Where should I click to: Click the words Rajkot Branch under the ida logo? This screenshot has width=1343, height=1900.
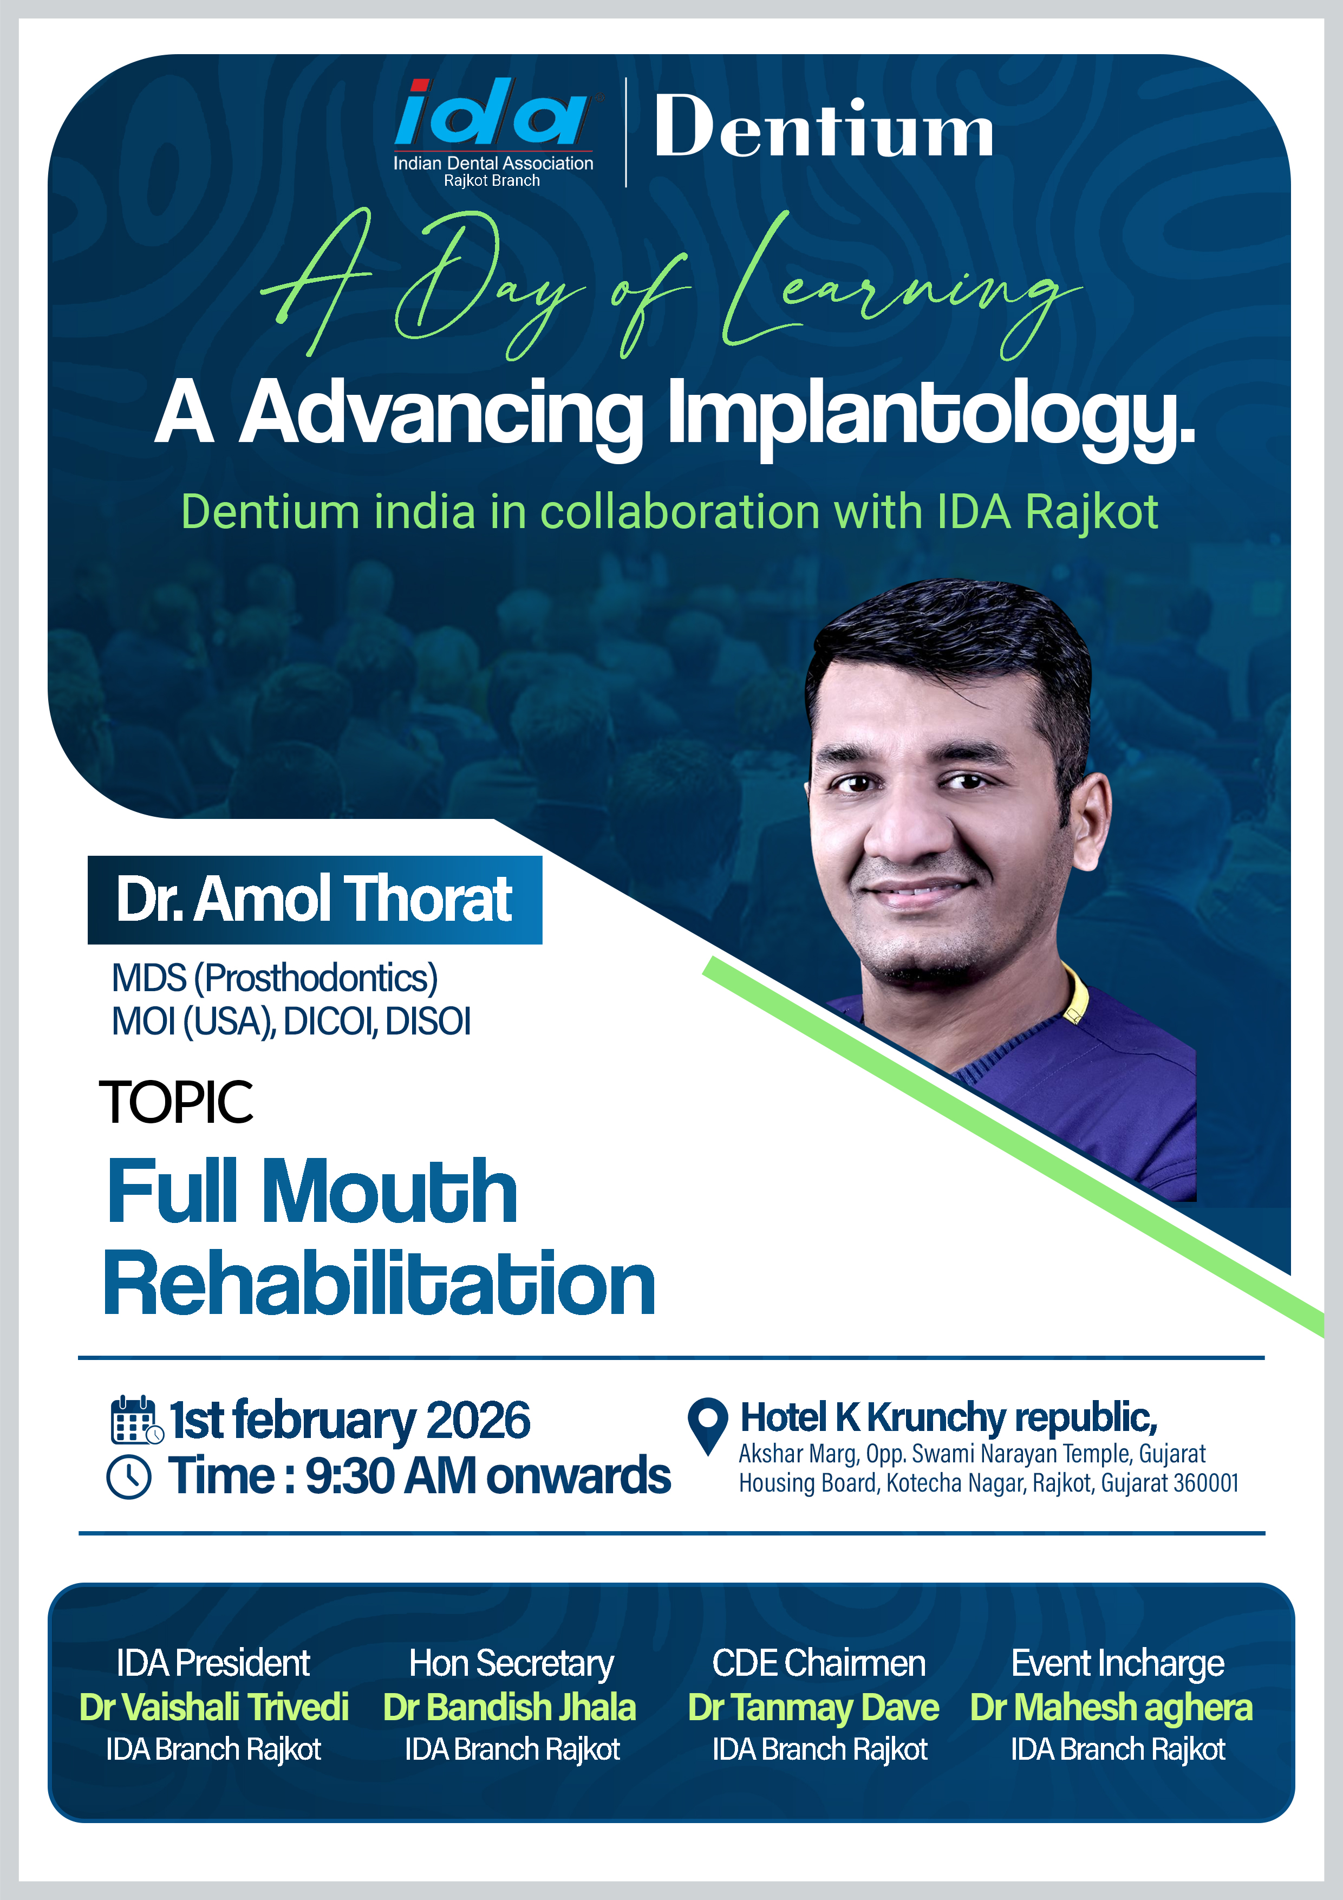492,180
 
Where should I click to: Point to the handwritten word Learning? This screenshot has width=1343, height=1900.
902,285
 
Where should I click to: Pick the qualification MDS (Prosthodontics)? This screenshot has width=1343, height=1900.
275,978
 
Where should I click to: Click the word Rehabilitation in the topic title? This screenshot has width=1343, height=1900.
379,1284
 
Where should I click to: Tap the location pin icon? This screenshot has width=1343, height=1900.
707,1425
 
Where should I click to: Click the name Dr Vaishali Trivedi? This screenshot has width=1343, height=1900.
214,1707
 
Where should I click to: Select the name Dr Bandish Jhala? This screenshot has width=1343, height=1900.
510,1707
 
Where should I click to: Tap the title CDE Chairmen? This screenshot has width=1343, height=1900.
819,1663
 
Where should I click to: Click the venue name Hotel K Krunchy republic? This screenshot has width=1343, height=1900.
948,1417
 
